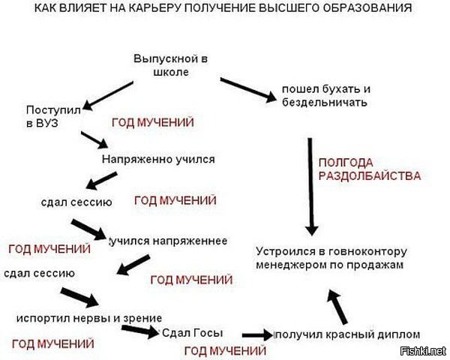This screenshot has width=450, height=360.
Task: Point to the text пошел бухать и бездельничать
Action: tap(325, 96)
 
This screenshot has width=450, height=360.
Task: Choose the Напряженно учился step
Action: tap(157, 160)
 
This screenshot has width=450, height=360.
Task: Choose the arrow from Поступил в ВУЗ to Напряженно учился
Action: tap(94, 140)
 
